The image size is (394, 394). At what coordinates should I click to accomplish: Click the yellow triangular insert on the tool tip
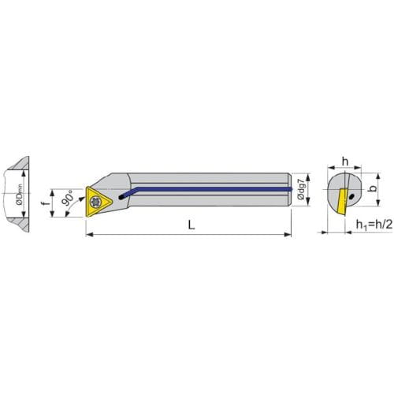(x=97, y=202)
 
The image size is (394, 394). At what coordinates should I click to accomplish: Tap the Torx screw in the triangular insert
(x=95, y=202)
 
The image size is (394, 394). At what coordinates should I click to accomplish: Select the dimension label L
(x=191, y=225)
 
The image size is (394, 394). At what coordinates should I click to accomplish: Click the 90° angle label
(x=69, y=199)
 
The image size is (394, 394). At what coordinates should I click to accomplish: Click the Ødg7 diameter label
(x=301, y=189)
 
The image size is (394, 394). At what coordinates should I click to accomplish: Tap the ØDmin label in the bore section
(x=20, y=194)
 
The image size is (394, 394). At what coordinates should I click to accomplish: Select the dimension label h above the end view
(x=345, y=162)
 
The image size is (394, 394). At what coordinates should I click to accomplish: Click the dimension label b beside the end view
(x=372, y=188)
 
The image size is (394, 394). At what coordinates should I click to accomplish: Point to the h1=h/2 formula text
(x=374, y=225)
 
